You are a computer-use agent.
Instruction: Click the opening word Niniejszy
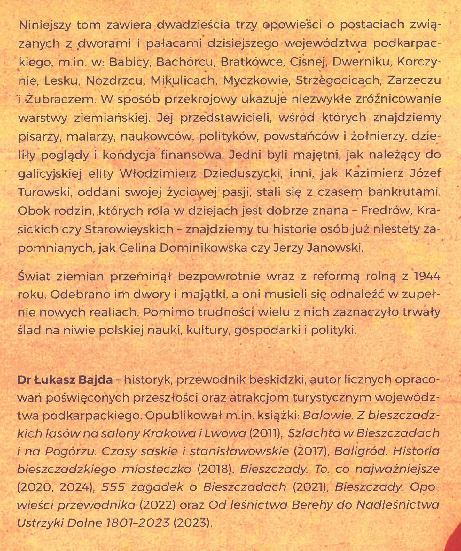[44, 25]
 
